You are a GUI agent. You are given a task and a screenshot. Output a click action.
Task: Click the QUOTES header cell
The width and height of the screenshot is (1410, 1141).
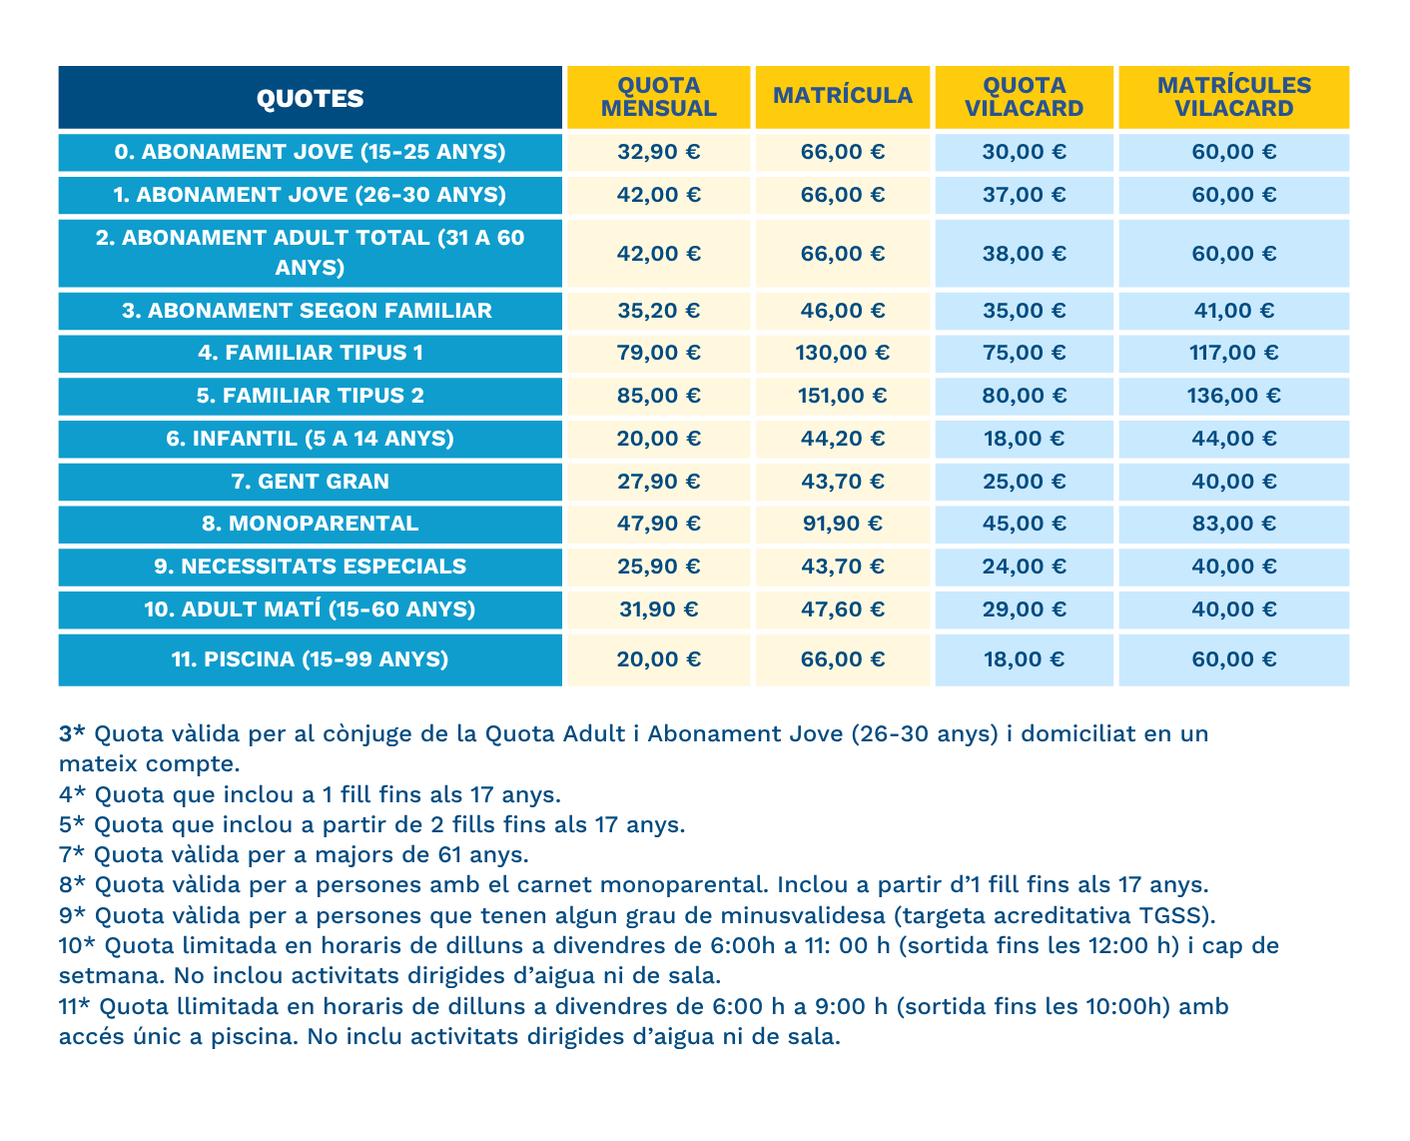[310, 98]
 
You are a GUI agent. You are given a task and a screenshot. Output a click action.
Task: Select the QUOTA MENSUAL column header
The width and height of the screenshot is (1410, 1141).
[658, 98]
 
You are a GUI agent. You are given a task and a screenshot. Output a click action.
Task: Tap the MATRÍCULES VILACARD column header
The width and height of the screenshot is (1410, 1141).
[1233, 98]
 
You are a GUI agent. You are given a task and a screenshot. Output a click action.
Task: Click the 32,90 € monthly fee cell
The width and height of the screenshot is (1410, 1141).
[658, 152]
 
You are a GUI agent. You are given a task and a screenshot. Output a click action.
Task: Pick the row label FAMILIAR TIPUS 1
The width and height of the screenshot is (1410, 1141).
[310, 353]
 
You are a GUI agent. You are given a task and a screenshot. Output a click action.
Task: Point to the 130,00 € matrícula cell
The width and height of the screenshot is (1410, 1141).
[842, 353]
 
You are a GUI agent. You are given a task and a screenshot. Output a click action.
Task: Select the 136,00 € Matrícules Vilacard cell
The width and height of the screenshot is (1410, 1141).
[1233, 396]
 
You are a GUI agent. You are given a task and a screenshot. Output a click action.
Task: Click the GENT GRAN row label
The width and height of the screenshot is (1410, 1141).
[310, 482]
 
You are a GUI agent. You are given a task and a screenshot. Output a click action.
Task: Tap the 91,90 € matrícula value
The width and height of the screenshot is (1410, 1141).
[842, 524]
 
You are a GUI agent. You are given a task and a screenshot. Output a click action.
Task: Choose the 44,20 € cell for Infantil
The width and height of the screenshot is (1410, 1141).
[842, 439]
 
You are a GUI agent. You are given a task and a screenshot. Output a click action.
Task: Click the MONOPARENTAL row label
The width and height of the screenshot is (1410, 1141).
[310, 524]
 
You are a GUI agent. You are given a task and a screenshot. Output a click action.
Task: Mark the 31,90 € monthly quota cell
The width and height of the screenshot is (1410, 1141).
[658, 609]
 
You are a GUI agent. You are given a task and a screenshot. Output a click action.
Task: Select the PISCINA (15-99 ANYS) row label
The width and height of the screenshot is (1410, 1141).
[310, 659]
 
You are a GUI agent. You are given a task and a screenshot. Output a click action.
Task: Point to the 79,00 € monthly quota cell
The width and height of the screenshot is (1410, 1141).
[658, 353]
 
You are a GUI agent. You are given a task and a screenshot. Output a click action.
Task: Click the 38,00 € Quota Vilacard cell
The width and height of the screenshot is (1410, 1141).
[1024, 254]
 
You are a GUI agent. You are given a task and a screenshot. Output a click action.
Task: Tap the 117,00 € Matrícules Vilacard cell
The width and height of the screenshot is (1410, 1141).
[1233, 353]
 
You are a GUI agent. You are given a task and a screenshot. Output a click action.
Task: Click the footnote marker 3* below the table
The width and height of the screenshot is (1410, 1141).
[72, 734]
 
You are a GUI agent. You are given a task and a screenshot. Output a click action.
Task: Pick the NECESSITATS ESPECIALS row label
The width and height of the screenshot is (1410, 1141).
[310, 567]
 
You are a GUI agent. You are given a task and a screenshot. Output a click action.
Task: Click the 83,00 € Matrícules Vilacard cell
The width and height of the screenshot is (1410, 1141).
[1233, 524]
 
